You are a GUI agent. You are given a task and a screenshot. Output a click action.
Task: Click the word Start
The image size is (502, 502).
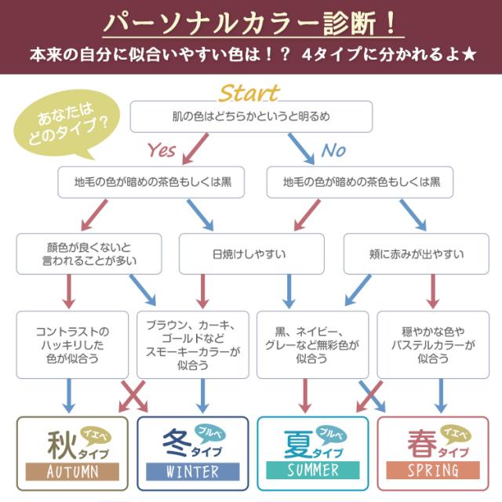tap(249, 93)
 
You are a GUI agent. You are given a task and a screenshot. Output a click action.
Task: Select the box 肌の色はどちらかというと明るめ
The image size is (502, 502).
tap(251, 117)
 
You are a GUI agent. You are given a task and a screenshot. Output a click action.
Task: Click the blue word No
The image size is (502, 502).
tap(333, 149)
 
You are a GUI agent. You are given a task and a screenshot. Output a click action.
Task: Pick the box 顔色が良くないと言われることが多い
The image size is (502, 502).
tap(89, 253)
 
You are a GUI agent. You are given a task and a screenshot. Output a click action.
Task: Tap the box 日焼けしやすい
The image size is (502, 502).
tap(249, 253)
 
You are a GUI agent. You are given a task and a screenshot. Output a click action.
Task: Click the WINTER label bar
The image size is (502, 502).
tap(192, 471)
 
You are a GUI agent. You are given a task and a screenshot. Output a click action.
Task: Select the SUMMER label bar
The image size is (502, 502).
tap(312, 471)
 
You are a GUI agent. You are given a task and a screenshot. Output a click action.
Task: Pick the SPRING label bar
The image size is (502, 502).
tap(432, 471)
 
